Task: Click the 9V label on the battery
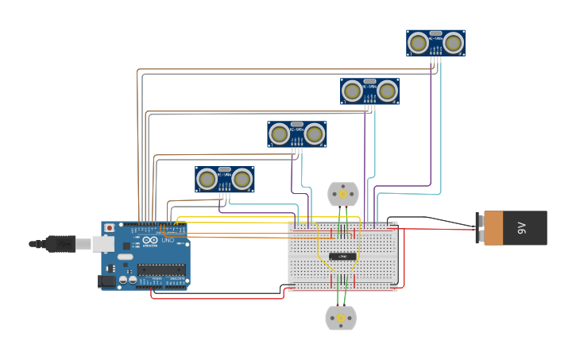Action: (x=522, y=228)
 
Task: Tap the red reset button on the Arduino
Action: (x=109, y=228)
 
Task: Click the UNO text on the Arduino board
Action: (x=168, y=240)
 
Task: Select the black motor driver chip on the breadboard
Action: (x=342, y=256)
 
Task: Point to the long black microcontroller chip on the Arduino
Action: (x=161, y=270)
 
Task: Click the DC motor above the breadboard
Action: (x=343, y=194)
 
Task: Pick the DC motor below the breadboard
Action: (x=341, y=318)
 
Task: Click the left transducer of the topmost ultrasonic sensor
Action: (x=418, y=43)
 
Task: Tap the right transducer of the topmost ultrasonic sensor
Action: (x=454, y=43)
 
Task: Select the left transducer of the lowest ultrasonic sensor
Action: (x=207, y=180)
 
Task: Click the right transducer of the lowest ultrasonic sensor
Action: (x=242, y=180)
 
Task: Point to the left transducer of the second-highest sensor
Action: (x=352, y=91)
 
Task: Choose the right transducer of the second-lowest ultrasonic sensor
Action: (x=315, y=134)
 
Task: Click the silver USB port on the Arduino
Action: (x=103, y=243)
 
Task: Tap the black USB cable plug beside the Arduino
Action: (x=60, y=243)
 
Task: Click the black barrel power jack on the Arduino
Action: (x=106, y=280)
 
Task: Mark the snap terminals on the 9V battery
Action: (x=480, y=228)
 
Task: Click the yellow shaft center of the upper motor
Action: (x=343, y=194)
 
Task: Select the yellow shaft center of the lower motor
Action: (x=341, y=318)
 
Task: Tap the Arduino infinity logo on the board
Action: (x=150, y=240)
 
